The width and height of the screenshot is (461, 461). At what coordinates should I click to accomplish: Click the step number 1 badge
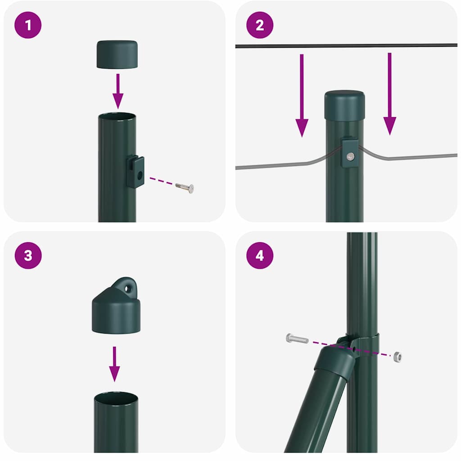pyautogui.click(x=28, y=25)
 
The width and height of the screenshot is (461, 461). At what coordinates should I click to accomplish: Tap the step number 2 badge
pyautogui.click(x=260, y=25)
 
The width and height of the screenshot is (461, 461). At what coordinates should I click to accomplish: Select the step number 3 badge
pyautogui.click(x=28, y=255)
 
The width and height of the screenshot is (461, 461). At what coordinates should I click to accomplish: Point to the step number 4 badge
pyautogui.click(x=260, y=255)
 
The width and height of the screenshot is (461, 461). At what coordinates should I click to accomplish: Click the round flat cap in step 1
pyautogui.click(x=117, y=54)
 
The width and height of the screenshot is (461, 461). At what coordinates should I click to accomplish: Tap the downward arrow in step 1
pyautogui.click(x=118, y=90)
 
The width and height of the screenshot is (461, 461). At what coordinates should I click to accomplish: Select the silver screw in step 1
pyautogui.click(x=185, y=187)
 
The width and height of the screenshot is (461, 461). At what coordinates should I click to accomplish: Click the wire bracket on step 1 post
pyautogui.click(x=135, y=172)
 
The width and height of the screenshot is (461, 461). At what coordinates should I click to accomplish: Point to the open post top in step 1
pyautogui.click(x=117, y=117)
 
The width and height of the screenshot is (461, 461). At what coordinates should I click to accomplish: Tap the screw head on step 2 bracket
pyautogui.click(x=350, y=156)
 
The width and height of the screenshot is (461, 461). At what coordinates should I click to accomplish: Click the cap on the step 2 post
pyautogui.click(x=344, y=104)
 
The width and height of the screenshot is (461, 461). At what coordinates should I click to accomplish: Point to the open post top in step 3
pyautogui.click(x=116, y=398)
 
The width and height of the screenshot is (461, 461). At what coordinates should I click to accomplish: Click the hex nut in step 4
pyautogui.click(x=397, y=357)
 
